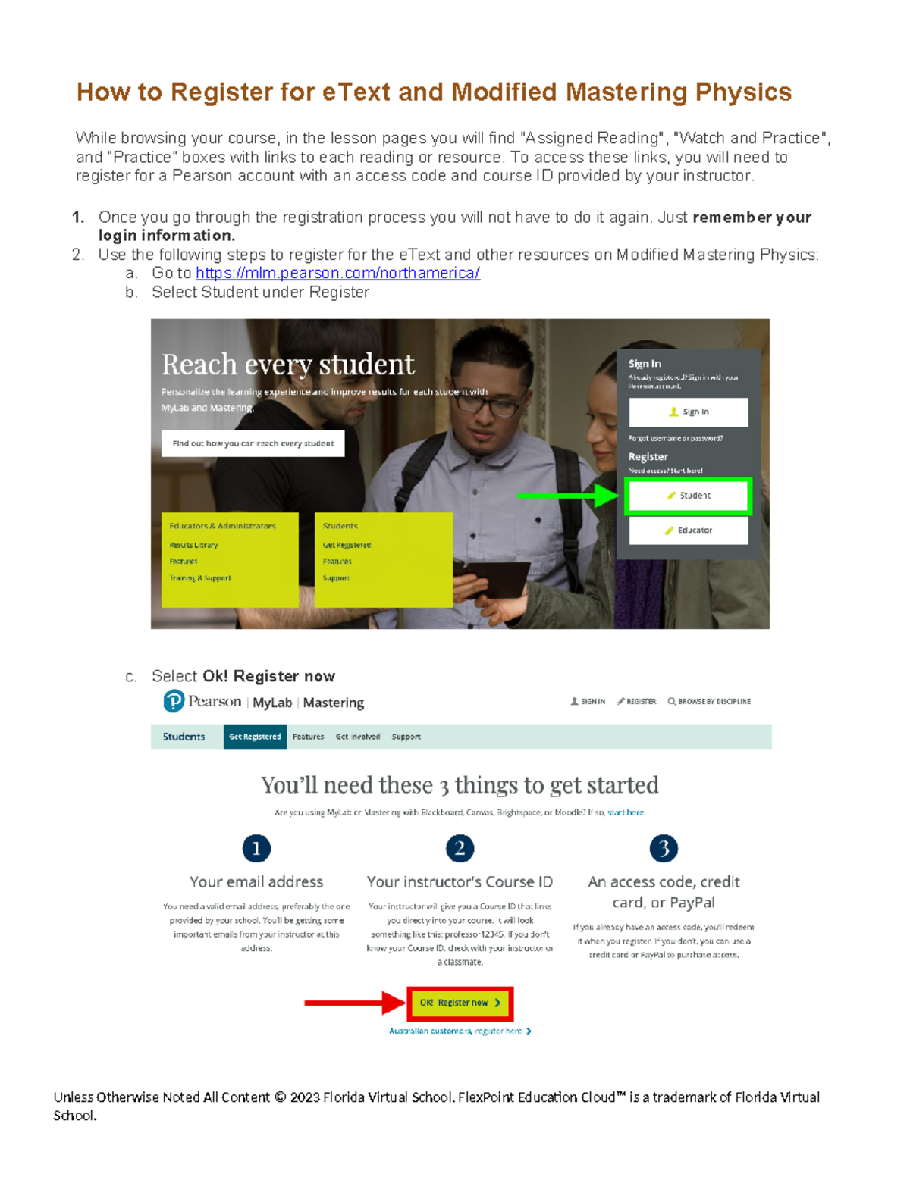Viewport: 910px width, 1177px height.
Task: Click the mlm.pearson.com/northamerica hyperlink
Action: [337, 274]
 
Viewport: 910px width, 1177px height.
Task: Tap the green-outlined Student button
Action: [688, 496]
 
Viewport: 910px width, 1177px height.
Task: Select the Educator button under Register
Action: [688, 531]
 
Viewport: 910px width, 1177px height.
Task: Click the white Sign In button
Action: [688, 412]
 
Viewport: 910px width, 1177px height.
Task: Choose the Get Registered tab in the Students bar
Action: [255, 737]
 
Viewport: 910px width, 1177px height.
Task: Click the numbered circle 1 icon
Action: [256, 849]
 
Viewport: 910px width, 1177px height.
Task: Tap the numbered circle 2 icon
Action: [460, 849]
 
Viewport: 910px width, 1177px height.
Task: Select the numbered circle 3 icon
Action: [664, 849]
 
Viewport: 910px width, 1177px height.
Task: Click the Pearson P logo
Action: [174, 702]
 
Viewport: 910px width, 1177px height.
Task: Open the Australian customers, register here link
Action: [460, 1031]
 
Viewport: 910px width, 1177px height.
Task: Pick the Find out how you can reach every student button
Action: [253, 443]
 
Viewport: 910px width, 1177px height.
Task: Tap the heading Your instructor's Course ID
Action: [460, 882]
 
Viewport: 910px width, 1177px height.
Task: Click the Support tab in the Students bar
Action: [406, 737]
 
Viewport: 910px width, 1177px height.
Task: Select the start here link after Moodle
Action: [626, 812]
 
